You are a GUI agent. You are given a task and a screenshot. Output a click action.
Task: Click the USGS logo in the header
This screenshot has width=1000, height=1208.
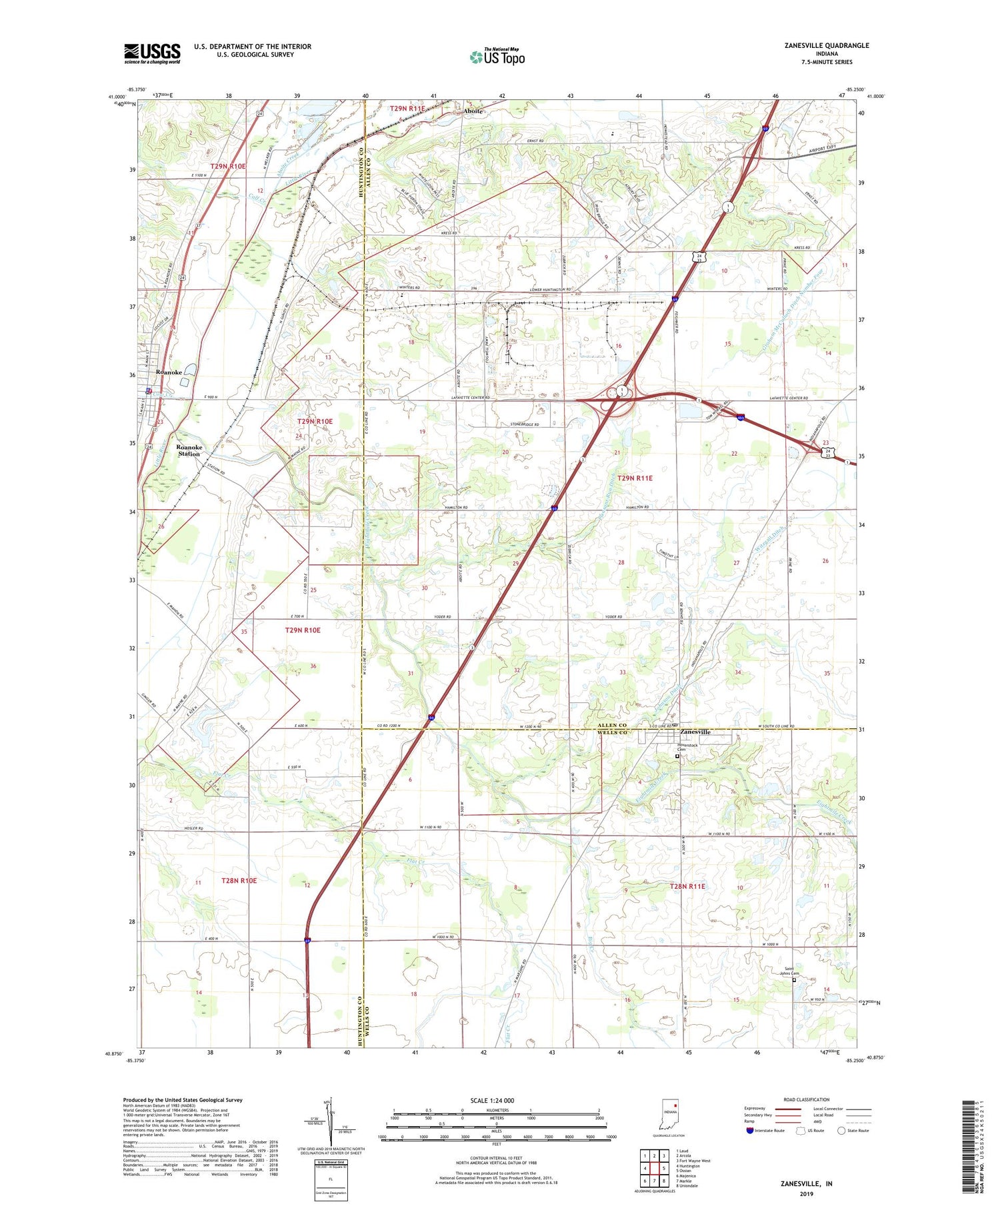[152, 53]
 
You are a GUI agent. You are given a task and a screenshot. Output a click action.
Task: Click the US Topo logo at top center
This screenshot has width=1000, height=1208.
[497, 57]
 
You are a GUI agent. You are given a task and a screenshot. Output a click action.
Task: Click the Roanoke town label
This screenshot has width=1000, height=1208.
[169, 372]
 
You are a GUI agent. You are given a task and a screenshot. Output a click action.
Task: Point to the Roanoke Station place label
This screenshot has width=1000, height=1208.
[189, 450]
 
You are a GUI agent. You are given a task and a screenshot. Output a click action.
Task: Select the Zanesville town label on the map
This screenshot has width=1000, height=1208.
[695, 732]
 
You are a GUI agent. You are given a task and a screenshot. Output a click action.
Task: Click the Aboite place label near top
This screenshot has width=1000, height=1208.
[473, 111]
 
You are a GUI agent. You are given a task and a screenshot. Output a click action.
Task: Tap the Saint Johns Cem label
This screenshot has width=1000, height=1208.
[791, 971]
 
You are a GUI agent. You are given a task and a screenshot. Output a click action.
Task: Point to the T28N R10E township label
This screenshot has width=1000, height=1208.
[239, 881]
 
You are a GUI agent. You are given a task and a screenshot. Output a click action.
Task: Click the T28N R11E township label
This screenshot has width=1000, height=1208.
[687, 886]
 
